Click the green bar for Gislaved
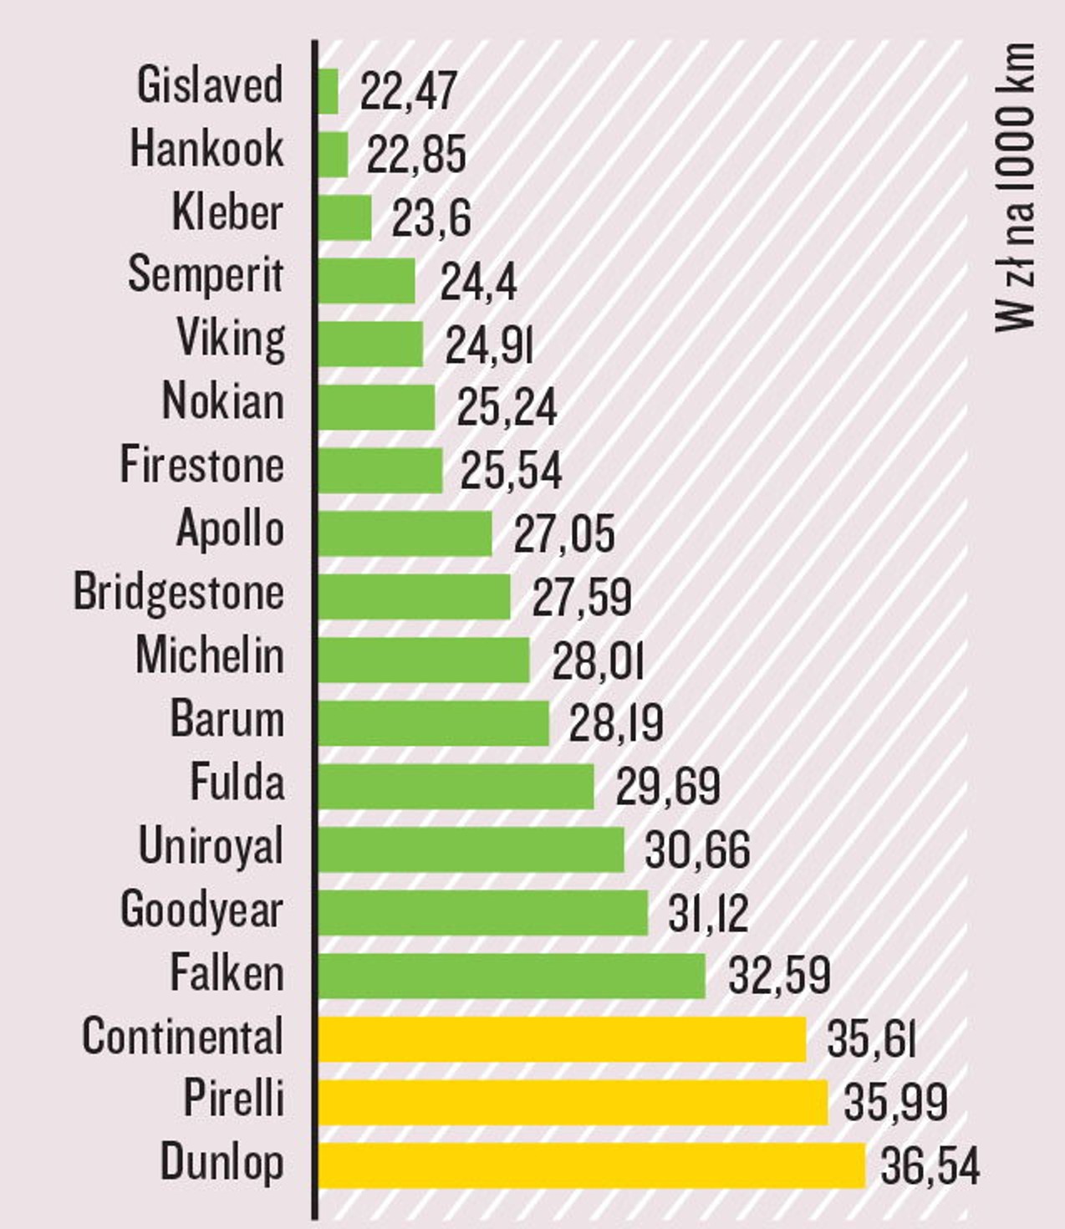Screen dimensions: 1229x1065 pos(329,91)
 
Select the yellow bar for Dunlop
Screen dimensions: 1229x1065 pos(591,1165)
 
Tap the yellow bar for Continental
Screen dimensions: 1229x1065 pos(562,1039)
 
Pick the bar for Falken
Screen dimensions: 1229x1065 pos(512,976)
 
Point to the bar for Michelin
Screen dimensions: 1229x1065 pos(424,660)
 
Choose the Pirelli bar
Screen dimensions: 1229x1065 pos(573,1102)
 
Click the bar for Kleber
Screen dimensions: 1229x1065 pos(344,217)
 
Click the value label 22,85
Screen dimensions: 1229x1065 pos(415,155)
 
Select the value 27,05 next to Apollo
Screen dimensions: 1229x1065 pos(563,534)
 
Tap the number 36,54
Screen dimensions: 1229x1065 pos(930,1165)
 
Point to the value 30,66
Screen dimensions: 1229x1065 pos(697,850)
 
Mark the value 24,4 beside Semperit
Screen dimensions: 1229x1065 pos(478,282)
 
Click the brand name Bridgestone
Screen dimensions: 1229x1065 pos(179,593)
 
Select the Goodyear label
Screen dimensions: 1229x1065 pos(201,910)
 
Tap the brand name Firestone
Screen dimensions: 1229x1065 pos(201,466)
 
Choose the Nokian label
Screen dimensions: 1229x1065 pos(222,402)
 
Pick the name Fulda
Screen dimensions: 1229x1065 pos(237,783)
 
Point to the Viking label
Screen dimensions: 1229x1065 pos(231,339)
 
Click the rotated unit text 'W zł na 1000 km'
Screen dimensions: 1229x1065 pos(1015,188)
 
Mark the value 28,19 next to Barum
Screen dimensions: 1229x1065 pos(616,723)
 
